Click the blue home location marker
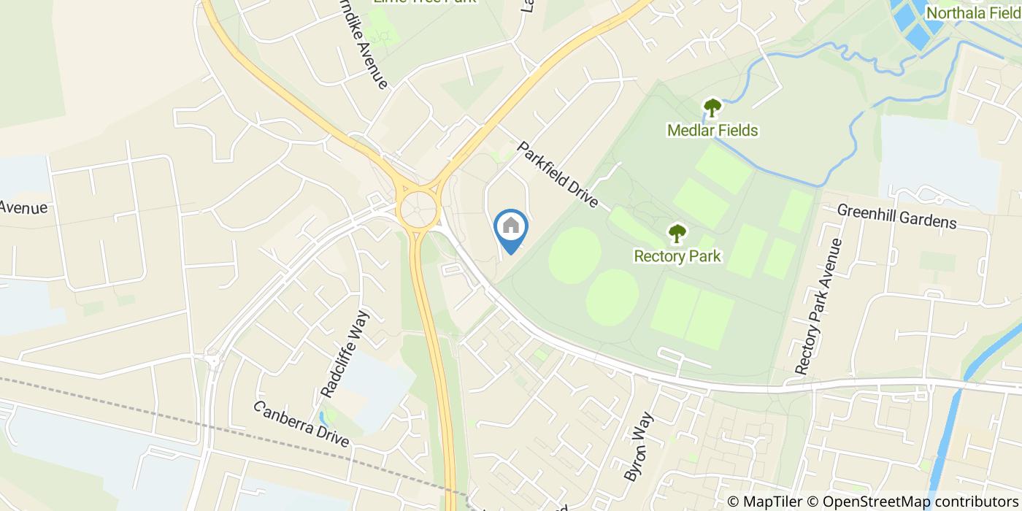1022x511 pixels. [x=511, y=228]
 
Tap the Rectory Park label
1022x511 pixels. [x=677, y=256]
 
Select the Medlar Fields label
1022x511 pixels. [x=712, y=131]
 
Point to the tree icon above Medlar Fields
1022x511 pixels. [x=712, y=108]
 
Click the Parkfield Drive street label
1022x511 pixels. [x=558, y=175]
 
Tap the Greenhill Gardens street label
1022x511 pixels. [x=896, y=216]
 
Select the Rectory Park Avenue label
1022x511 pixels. [x=815, y=307]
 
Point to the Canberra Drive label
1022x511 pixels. [x=301, y=424]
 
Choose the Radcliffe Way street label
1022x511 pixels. [x=346, y=354]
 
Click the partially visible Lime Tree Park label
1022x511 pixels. [x=424, y=2]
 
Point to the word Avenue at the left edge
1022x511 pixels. [x=23, y=208]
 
